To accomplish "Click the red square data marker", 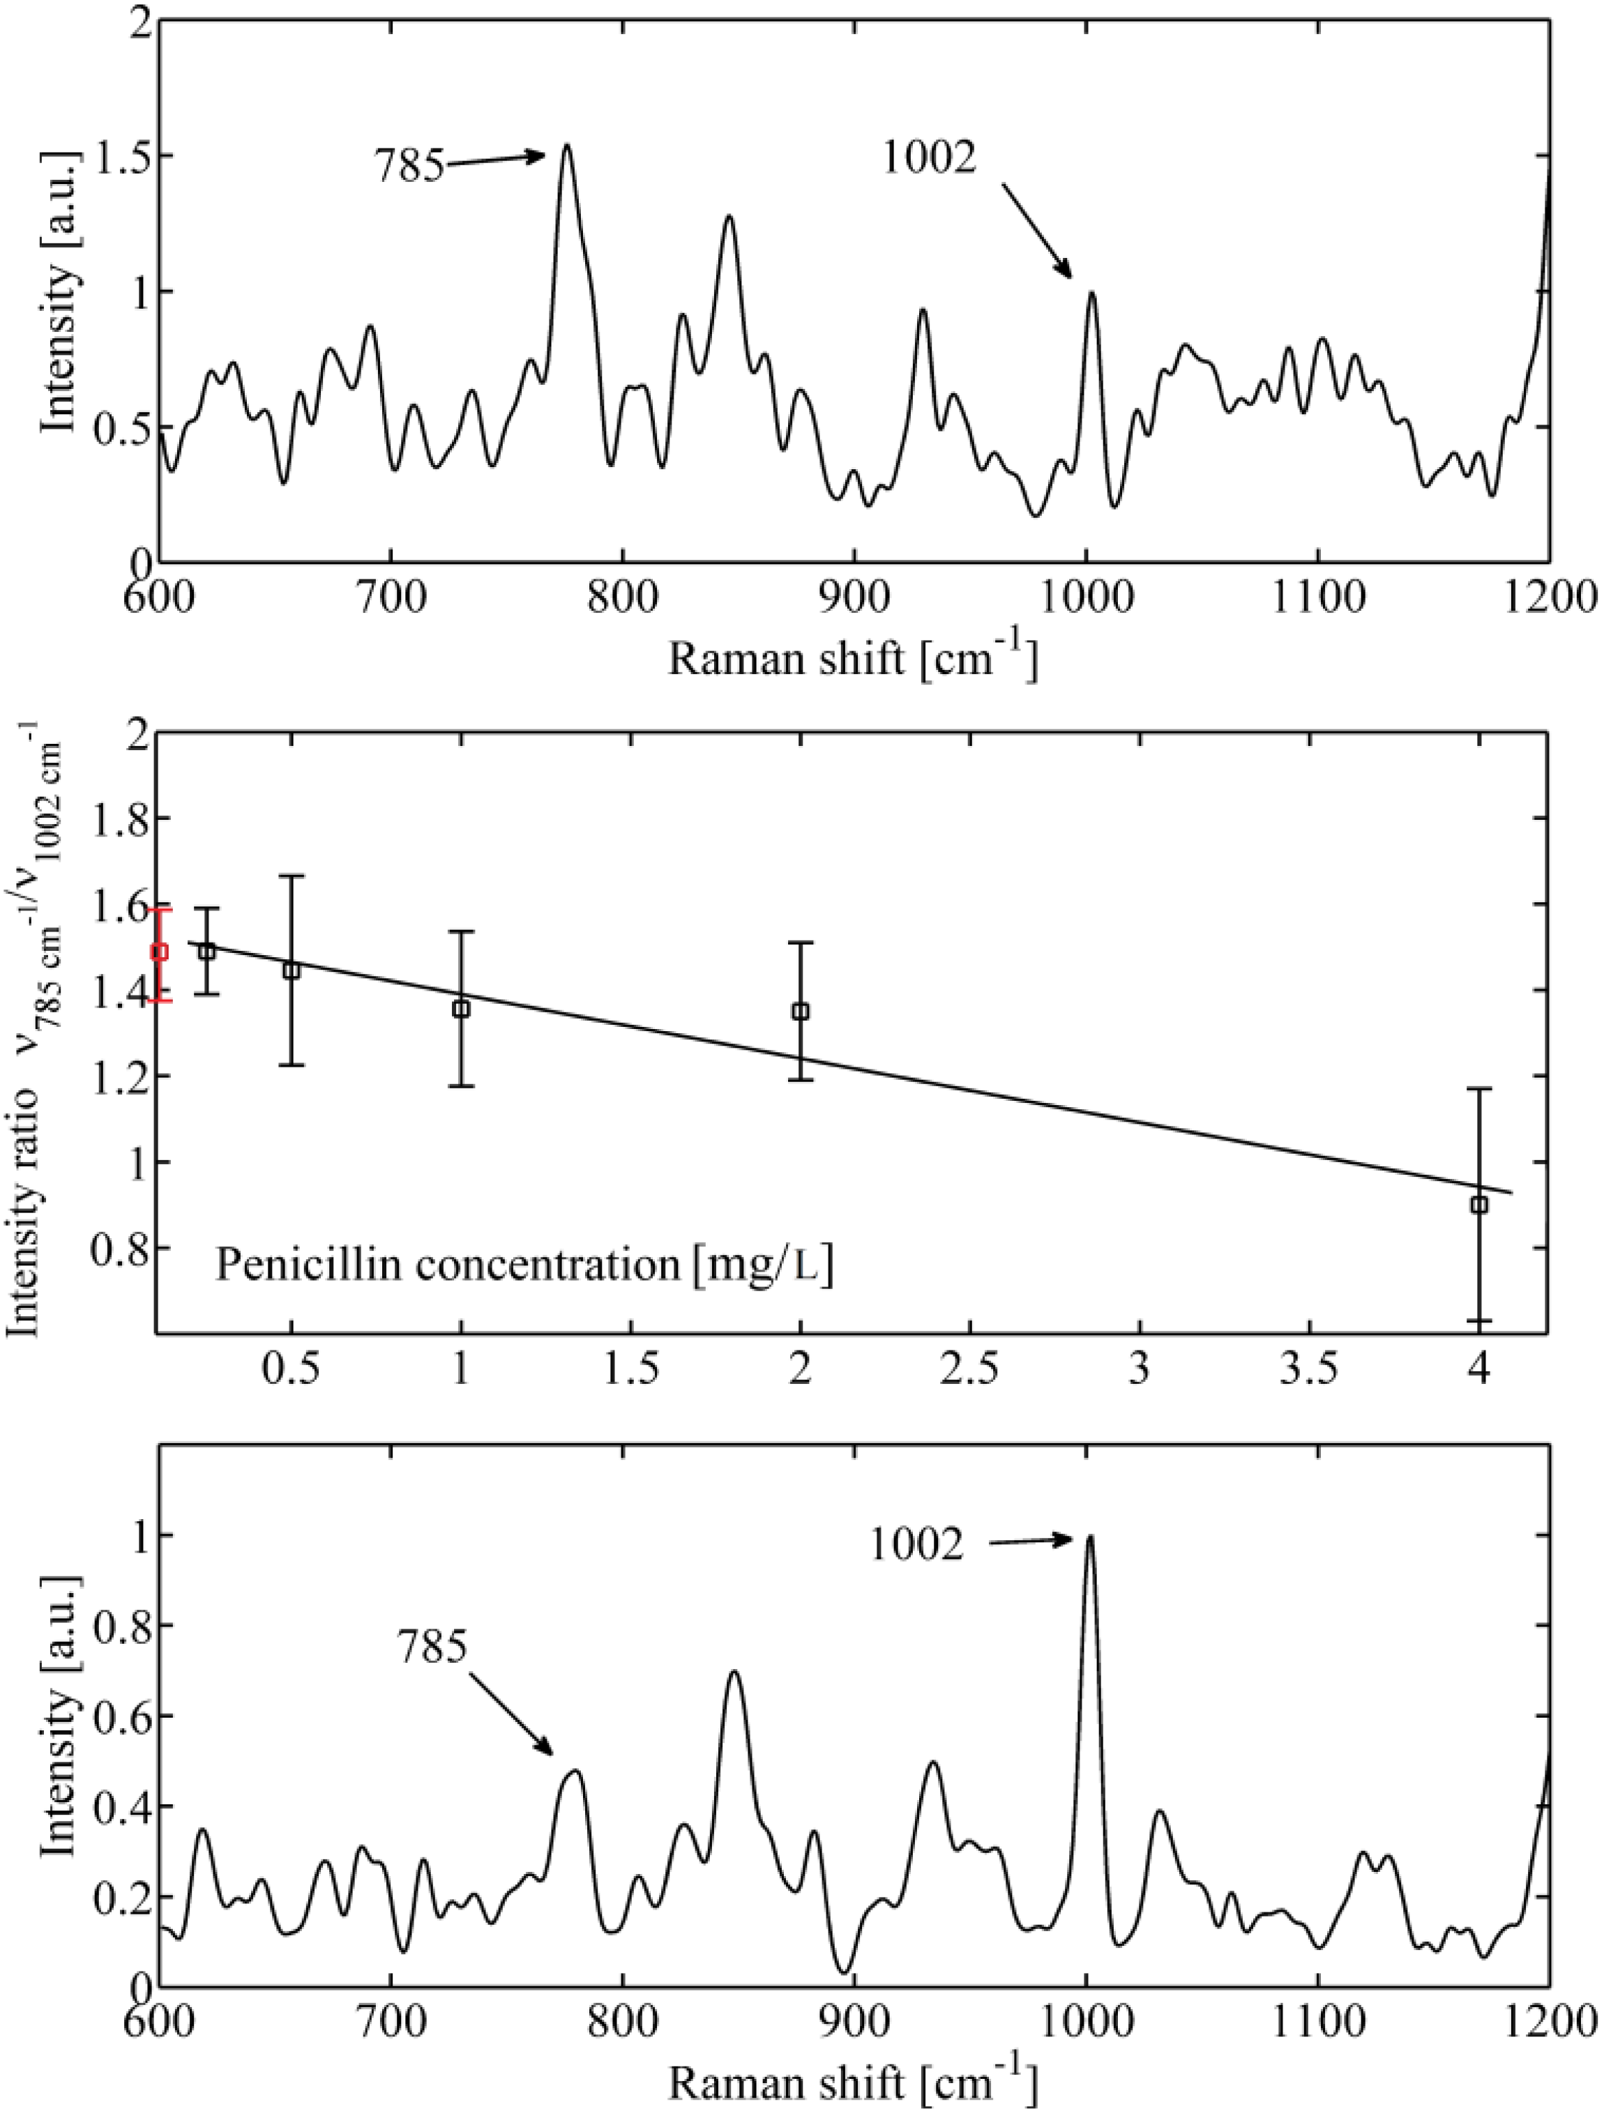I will point(160,952).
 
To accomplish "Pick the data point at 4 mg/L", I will point(1478,1205).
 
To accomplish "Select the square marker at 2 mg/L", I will point(801,1011).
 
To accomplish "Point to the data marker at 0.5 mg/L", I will point(291,970).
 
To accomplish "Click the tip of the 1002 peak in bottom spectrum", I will point(1089,1537).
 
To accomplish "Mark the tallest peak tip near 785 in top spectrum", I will point(567,146).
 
